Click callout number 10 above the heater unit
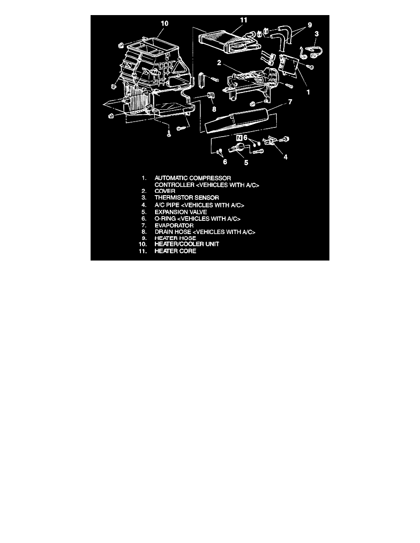click(165, 23)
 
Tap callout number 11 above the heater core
click(243, 20)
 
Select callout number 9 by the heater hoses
click(310, 25)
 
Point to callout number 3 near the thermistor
click(317, 34)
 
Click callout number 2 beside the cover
click(219, 63)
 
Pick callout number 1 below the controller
click(308, 92)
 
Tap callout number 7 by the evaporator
click(290, 102)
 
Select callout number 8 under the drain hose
click(214, 109)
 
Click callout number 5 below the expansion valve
click(246, 162)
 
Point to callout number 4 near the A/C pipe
click(285, 157)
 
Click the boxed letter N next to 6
click(239, 138)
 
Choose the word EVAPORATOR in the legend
click(174, 225)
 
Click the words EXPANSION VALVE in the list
click(181, 212)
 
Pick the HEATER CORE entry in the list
click(175, 251)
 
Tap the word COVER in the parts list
click(165, 191)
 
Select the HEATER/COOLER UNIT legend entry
click(187, 244)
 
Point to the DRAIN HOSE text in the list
click(172, 232)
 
